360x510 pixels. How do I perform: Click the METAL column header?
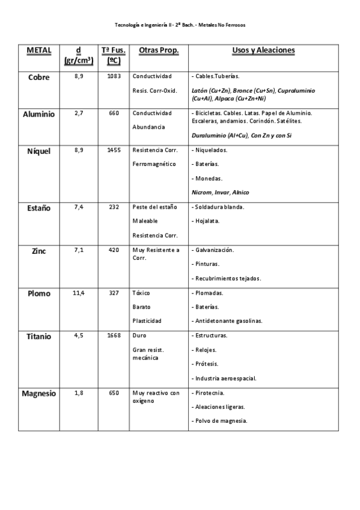38,50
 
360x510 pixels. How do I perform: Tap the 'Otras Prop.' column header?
159,50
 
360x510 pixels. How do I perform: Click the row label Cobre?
38,77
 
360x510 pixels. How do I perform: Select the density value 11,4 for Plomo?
79,293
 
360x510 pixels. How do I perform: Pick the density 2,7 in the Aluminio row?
79,112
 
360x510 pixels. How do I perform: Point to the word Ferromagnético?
154,164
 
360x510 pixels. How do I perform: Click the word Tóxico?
141,293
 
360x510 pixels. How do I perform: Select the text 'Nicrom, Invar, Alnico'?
220,192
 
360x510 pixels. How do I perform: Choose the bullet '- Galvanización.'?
213,250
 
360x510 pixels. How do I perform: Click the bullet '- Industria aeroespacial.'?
224,378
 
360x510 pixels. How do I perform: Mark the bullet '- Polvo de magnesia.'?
219,420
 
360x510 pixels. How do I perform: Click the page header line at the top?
180,25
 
